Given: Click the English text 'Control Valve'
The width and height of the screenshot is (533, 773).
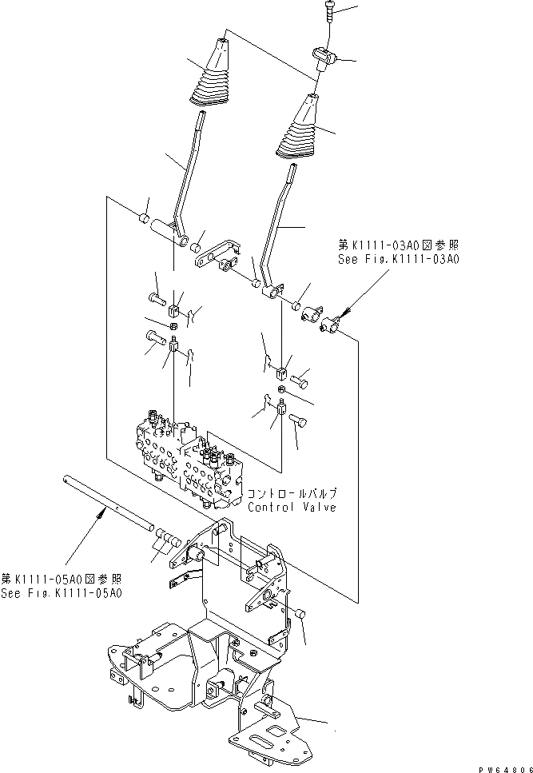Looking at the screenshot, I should tap(292, 507).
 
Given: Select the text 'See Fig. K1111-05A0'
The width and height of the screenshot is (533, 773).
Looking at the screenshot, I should tap(62, 593).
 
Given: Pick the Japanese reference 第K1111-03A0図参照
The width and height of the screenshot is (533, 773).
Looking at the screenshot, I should tap(397, 245).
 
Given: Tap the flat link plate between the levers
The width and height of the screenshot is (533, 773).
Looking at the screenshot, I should tap(213, 257).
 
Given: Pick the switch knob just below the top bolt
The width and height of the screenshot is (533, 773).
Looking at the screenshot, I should tap(324, 57).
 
